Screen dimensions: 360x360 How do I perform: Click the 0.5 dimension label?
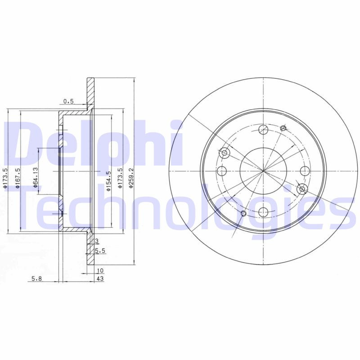click(68, 102)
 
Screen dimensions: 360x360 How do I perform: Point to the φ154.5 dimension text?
click(108, 181)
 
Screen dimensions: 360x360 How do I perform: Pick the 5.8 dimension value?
click(36, 279)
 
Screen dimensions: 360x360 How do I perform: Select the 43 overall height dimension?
click(100, 279)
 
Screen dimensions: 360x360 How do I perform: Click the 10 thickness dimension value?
click(100, 270)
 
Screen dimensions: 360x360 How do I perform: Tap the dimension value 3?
click(97, 242)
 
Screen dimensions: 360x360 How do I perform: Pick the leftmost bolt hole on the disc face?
click(222, 171)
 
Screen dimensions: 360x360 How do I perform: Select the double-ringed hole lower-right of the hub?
click(302, 189)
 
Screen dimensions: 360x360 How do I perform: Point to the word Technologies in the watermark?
click(180, 207)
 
